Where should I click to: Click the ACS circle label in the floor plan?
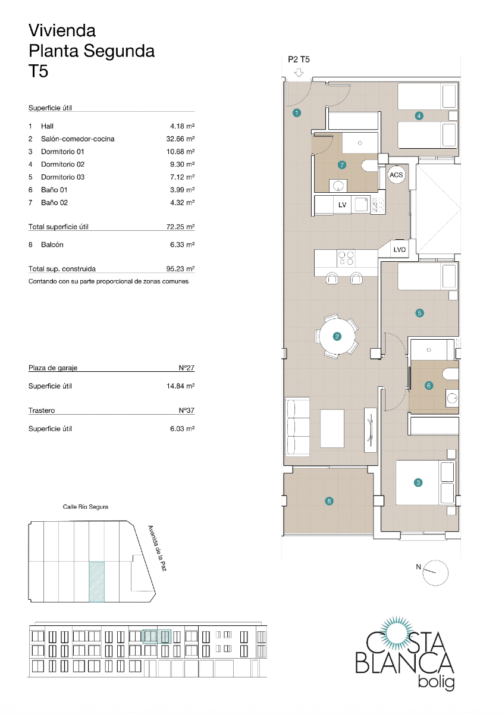click(396, 175)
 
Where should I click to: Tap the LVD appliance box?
click(399, 250)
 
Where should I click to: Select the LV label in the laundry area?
click(342, 205)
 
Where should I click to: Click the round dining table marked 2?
click(337, 337)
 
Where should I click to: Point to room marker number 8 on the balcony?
click(330, 501)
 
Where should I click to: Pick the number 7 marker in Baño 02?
click(342, 165)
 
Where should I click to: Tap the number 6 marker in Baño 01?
click(429, 386)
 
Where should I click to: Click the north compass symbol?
click(436, 571)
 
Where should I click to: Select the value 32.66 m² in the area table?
click(181, 139)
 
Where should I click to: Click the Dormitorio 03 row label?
click(63, 177)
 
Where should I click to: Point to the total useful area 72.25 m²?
click(181, 227)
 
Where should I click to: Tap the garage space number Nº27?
click(187, 368)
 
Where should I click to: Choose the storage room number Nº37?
click(187, 411)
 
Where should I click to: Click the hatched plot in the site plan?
click(96, 581)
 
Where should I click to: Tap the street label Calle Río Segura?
click(86, 507)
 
